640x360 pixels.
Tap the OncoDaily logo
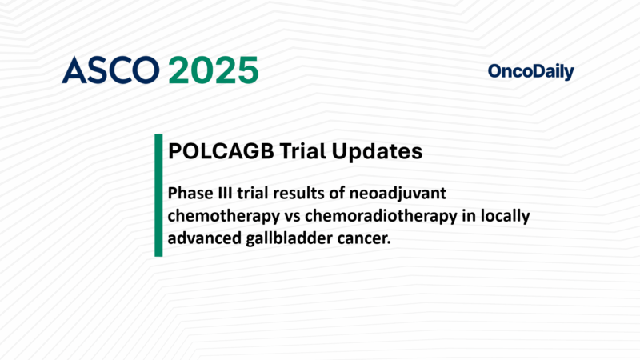click(x=530, y=72)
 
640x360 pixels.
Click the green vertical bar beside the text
click(x=158, y=196)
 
